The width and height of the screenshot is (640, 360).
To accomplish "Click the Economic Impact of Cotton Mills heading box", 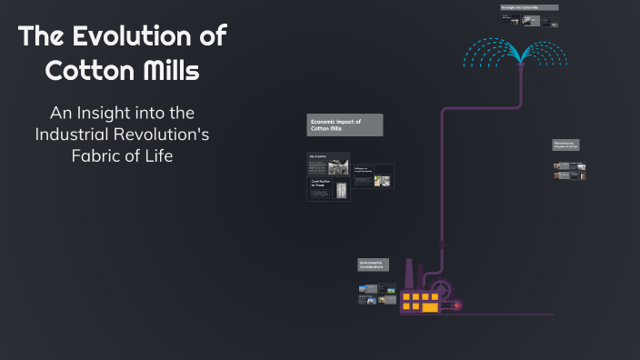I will point(345,125).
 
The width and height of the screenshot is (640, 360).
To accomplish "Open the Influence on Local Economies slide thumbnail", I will point(373,176).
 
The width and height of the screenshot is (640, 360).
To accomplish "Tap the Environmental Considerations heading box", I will point(373,265).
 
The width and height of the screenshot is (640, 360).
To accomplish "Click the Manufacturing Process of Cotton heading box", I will point(565,145).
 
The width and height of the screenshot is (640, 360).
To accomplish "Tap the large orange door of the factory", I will point(429,307).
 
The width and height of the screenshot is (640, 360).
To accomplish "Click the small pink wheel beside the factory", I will point(456,305).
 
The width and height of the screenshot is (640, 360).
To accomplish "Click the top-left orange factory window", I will point(406,296).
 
